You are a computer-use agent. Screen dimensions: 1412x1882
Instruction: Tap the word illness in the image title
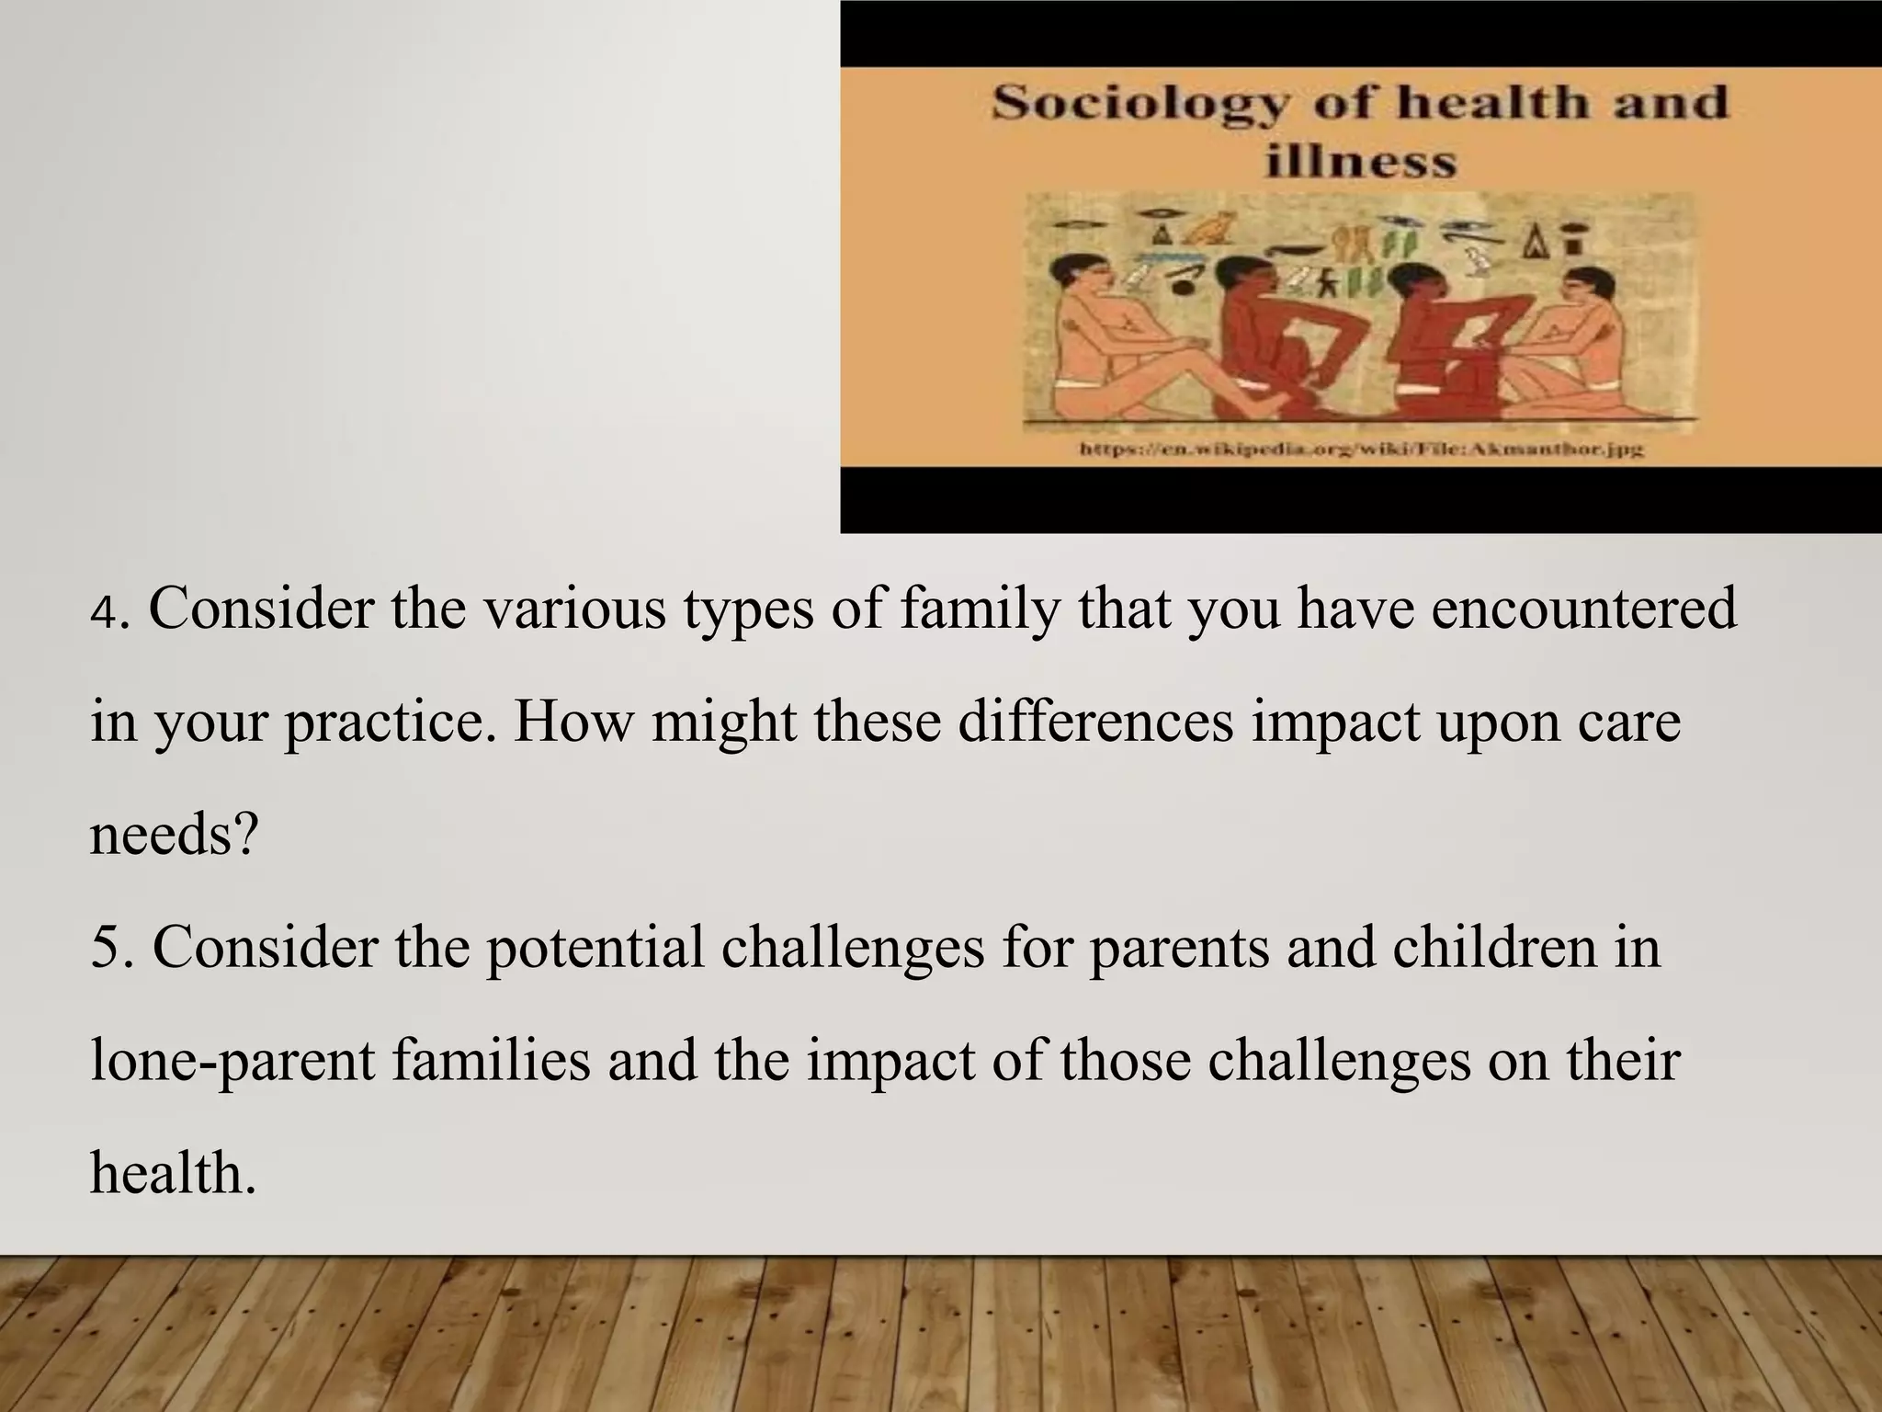click(x=1360, y=164)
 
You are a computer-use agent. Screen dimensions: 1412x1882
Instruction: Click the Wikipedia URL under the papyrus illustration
click(x=1360, y=450)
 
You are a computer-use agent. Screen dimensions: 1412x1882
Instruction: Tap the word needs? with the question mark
click(x=174, y=836)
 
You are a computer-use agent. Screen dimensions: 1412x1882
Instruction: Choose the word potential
click(x=595, y=949)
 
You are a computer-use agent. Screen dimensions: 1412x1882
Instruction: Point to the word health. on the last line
click(x=173, y=1174)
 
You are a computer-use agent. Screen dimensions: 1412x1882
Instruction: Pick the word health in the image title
click(x=1495, y=103)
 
